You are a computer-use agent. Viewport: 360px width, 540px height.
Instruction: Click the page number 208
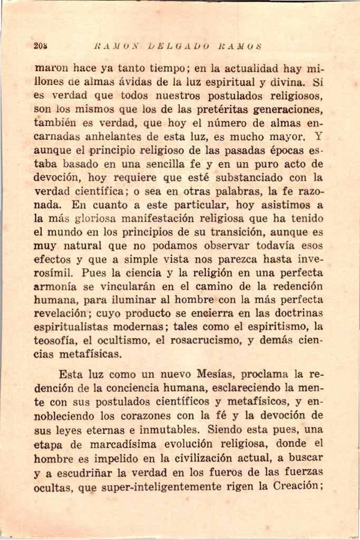[41, 46]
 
